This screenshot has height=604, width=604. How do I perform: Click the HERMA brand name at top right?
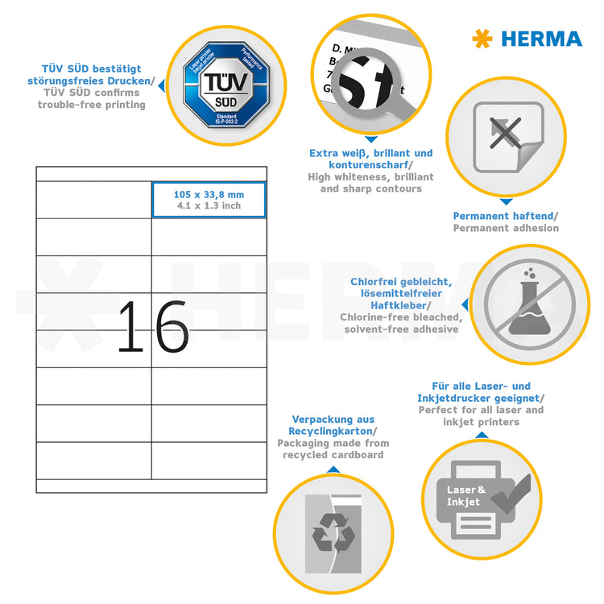(x=541, y=39)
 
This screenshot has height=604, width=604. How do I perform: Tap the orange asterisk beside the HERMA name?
(x=482, y=39)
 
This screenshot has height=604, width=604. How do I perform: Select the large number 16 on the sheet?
(x=153, y=326)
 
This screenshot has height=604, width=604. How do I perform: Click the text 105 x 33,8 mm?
(x=209, y=194)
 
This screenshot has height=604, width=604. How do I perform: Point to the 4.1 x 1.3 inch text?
(x=209, y=205)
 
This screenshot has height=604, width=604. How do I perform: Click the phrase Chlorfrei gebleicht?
(x=400, y=282)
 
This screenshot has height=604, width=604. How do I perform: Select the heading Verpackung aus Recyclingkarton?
(x=332, y=425)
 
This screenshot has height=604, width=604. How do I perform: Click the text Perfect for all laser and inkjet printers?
(x=481, y=416)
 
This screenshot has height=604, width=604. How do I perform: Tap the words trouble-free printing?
(x=92, y=105)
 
